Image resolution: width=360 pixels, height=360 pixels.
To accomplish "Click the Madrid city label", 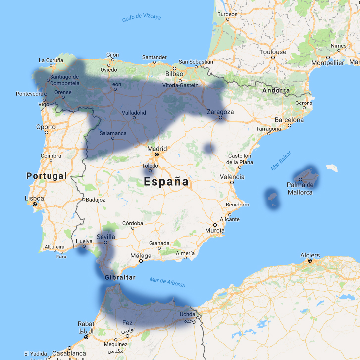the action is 156,148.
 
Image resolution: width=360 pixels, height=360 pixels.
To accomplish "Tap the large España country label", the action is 166,182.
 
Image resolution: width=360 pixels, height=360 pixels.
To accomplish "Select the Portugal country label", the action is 46,176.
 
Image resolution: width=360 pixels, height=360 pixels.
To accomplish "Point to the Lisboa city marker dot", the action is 35,204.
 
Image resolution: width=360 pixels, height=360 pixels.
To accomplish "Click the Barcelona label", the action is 289,120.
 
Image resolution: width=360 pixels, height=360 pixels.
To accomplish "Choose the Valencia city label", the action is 232,176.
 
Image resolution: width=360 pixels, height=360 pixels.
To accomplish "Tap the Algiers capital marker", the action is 309,260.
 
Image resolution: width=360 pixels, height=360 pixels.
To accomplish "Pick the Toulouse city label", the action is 273,52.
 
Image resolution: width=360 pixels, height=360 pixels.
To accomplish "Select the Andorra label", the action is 276,90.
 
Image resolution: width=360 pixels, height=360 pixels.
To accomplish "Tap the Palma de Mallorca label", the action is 300,188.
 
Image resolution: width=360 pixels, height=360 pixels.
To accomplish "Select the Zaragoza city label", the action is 220,112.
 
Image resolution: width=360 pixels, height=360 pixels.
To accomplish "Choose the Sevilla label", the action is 106,237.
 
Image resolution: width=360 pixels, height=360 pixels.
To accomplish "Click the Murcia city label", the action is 214,230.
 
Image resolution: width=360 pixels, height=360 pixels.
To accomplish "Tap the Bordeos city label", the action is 227,14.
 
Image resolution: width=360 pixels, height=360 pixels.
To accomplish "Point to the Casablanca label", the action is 69,354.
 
